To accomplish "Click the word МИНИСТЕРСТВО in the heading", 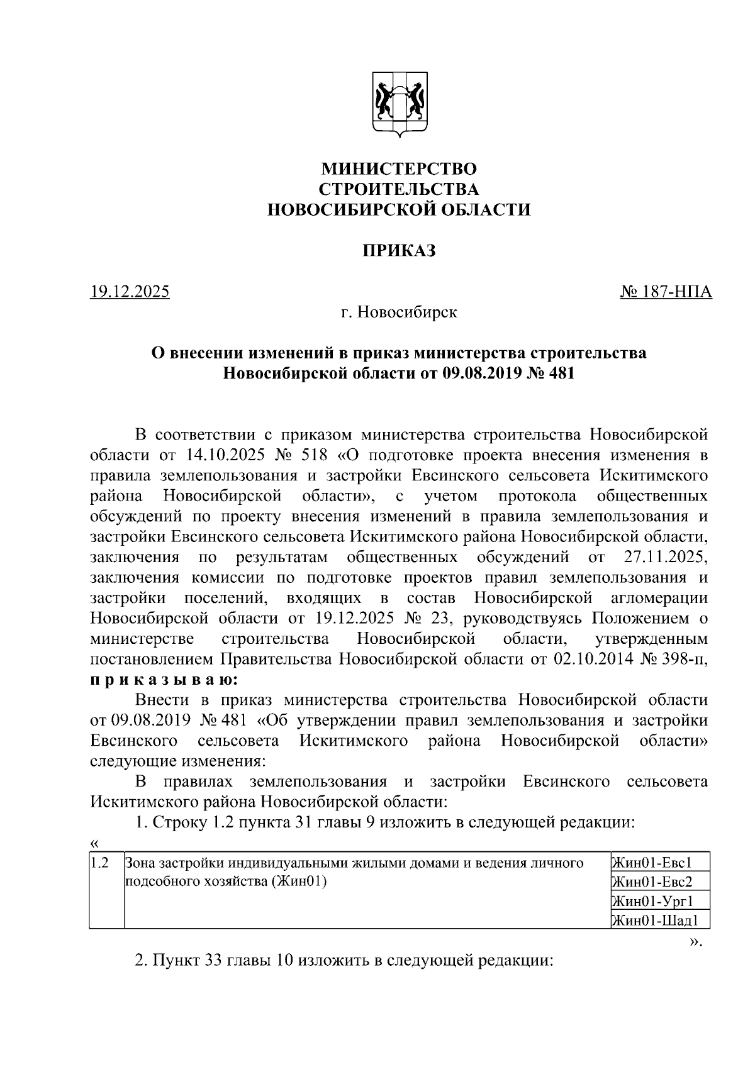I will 399,169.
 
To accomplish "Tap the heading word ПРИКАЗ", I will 399,251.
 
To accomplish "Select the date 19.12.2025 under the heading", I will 130,292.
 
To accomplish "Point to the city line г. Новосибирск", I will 399,312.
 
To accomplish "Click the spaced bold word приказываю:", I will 164,680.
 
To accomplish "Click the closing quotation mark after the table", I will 695,941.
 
